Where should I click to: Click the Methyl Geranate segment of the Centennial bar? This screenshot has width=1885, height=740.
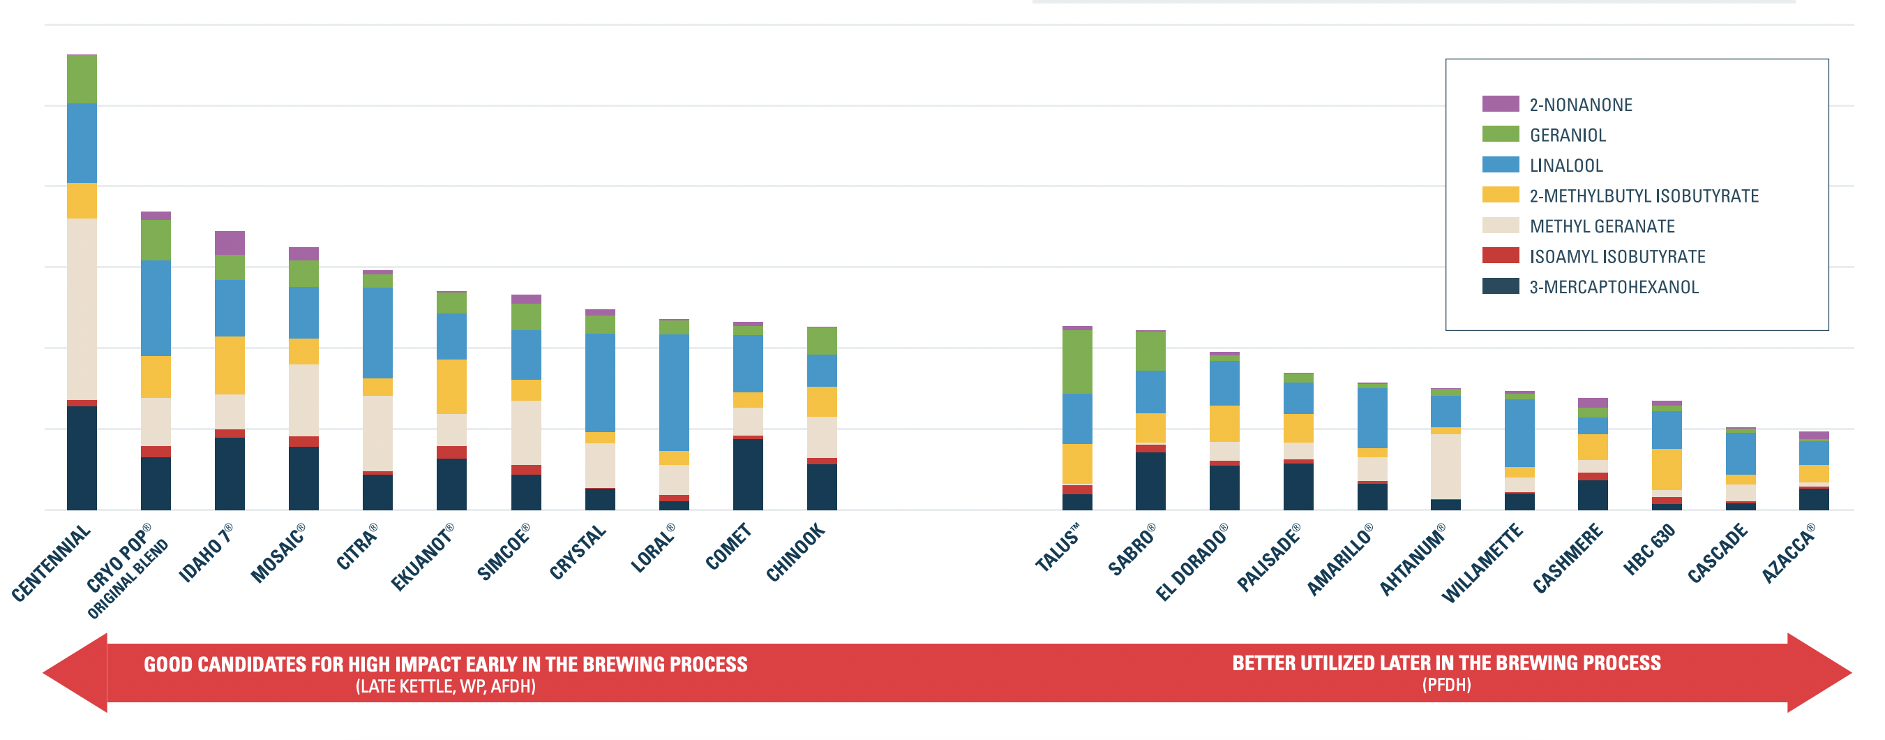[81, 309]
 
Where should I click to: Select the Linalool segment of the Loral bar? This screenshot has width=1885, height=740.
[674, 392]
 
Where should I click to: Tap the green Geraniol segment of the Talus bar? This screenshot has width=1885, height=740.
[1076, 362]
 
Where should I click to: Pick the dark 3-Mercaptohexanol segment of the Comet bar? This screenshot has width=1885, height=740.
[748, 474]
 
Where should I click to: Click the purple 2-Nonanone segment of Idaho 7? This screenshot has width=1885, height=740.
[230, 243]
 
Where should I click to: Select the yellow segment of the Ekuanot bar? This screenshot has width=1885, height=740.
[451, 387]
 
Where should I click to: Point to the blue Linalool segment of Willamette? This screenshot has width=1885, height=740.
[1519, 433]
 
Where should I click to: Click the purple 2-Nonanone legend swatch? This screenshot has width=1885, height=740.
[1500, 104]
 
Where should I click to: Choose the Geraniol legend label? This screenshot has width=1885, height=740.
[1568, 135]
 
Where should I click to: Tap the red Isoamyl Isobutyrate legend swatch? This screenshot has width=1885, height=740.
[1500, 256]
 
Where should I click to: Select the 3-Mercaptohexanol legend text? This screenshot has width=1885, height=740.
[1614, 287]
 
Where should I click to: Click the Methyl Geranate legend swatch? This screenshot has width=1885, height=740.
[1500, 225]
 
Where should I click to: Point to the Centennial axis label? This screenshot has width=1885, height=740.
[52, 563]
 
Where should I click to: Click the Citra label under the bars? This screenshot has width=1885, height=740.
[357, 547]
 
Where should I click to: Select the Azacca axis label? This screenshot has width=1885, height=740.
[1789, 554]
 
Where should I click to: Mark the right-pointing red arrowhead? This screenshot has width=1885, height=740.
[1819, 672]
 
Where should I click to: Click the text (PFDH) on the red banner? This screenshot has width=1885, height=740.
[1446, 685]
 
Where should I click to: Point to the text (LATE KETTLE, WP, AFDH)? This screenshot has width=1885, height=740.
[446, 686]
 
